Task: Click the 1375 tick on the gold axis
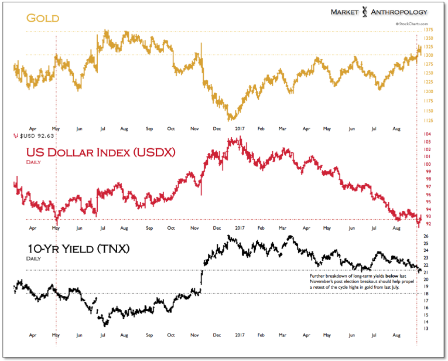click(428, 30)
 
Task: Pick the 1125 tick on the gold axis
click(428, 121)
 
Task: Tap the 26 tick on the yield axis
click(426, 236)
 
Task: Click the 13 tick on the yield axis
click(426, 329)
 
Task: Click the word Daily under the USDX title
click(33, 162)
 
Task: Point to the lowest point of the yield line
click(105, 325)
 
